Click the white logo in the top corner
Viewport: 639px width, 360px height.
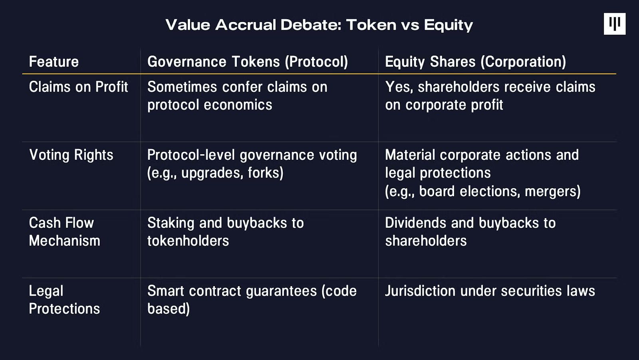coord(615,24)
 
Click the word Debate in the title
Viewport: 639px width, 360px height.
coord(311,25)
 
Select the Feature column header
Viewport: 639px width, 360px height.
coord(54,62)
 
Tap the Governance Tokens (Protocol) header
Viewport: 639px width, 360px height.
coord(248,62)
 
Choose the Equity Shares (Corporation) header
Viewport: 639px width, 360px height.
coord(476,62)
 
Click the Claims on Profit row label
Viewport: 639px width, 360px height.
coord(78,87)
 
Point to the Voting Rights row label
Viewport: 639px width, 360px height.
coord(71,155)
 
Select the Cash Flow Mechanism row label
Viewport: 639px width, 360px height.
coord(64,232)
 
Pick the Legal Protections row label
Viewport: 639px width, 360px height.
coord(64,300)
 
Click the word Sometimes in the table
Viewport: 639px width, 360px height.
coord(182,87)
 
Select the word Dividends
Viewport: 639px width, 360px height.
coord(415,223)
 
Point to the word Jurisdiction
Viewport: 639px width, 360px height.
coord(420,291)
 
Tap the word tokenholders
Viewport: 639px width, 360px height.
coord(188,241)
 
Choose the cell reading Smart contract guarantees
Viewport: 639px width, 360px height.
coord(252,300)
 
